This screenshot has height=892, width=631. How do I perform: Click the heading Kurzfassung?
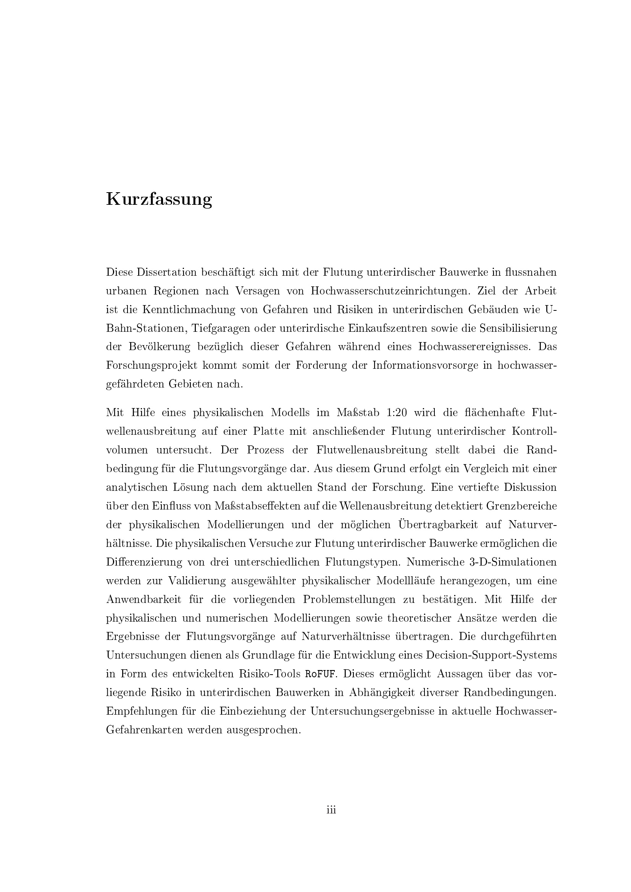click(159, 199)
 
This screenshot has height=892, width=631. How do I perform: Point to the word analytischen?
click(137, 487)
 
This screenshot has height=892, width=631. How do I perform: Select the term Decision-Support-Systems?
click(491, 655)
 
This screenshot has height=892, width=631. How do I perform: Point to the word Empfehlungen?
click(140, 711)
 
